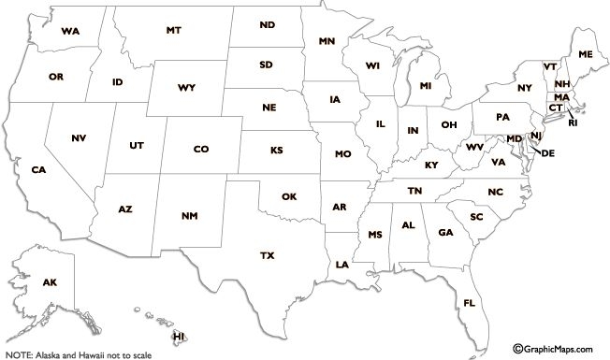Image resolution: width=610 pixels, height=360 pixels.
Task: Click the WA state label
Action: click(69, 31)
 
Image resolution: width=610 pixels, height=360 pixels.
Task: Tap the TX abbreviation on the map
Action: click(267, 255)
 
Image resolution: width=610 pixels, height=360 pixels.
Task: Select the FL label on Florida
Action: click(469, 303)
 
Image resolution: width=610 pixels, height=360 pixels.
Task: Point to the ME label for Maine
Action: click(586, 55)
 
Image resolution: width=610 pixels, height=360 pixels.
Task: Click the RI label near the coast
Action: click(573, 122)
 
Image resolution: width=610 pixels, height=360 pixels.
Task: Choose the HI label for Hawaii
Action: click(179, 336)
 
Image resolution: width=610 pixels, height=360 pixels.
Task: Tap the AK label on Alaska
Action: click(50, 282)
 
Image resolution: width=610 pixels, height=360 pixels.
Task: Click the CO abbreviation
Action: click(201, 149)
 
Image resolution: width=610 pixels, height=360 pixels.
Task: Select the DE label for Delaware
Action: click(548, 152)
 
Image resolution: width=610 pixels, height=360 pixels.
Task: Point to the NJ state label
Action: click(536, 137)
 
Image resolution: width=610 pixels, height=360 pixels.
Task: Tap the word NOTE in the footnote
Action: click(18, 355)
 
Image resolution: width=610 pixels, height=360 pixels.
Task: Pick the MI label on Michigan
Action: click(426, 86)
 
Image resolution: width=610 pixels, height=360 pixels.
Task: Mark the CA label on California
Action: click(38, 170)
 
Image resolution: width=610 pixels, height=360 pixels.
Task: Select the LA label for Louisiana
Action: click(341, 265)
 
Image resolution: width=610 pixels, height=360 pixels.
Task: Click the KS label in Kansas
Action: click(276, 150)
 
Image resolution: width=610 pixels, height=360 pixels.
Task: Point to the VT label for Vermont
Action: click(550, 67)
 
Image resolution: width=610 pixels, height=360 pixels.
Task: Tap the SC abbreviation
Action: click(476, 217)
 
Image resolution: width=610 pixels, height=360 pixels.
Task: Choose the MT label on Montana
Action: click(173, 31)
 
